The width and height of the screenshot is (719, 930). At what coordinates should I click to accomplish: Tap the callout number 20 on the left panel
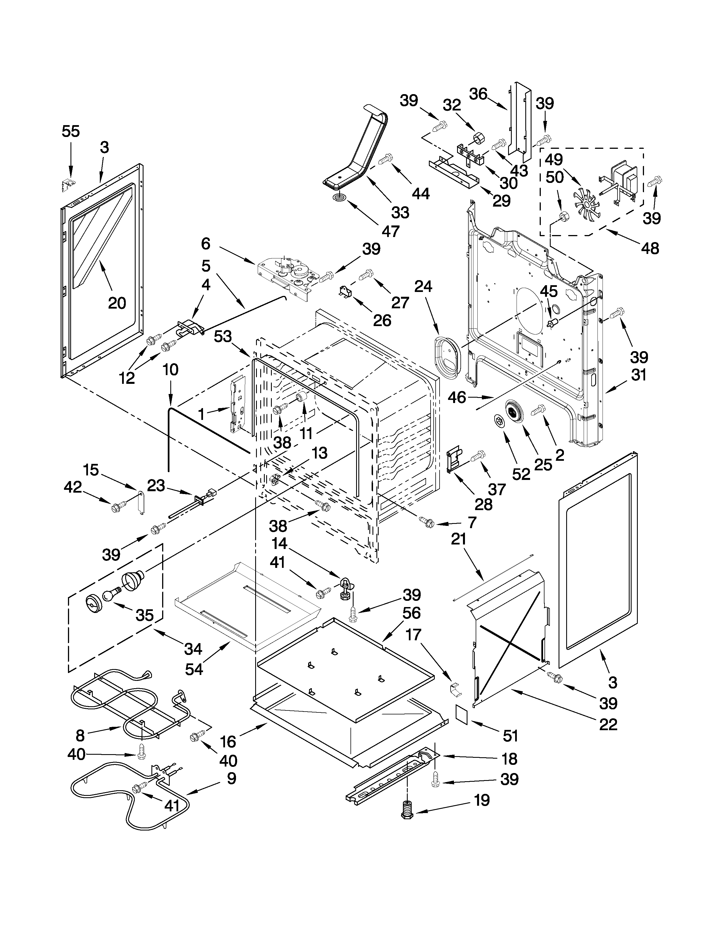point(117,303)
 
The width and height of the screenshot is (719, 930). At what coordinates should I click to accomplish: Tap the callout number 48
point(650,248)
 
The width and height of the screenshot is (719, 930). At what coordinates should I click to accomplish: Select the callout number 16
point(228,741)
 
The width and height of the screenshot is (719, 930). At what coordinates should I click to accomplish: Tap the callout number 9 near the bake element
point(231,778)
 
